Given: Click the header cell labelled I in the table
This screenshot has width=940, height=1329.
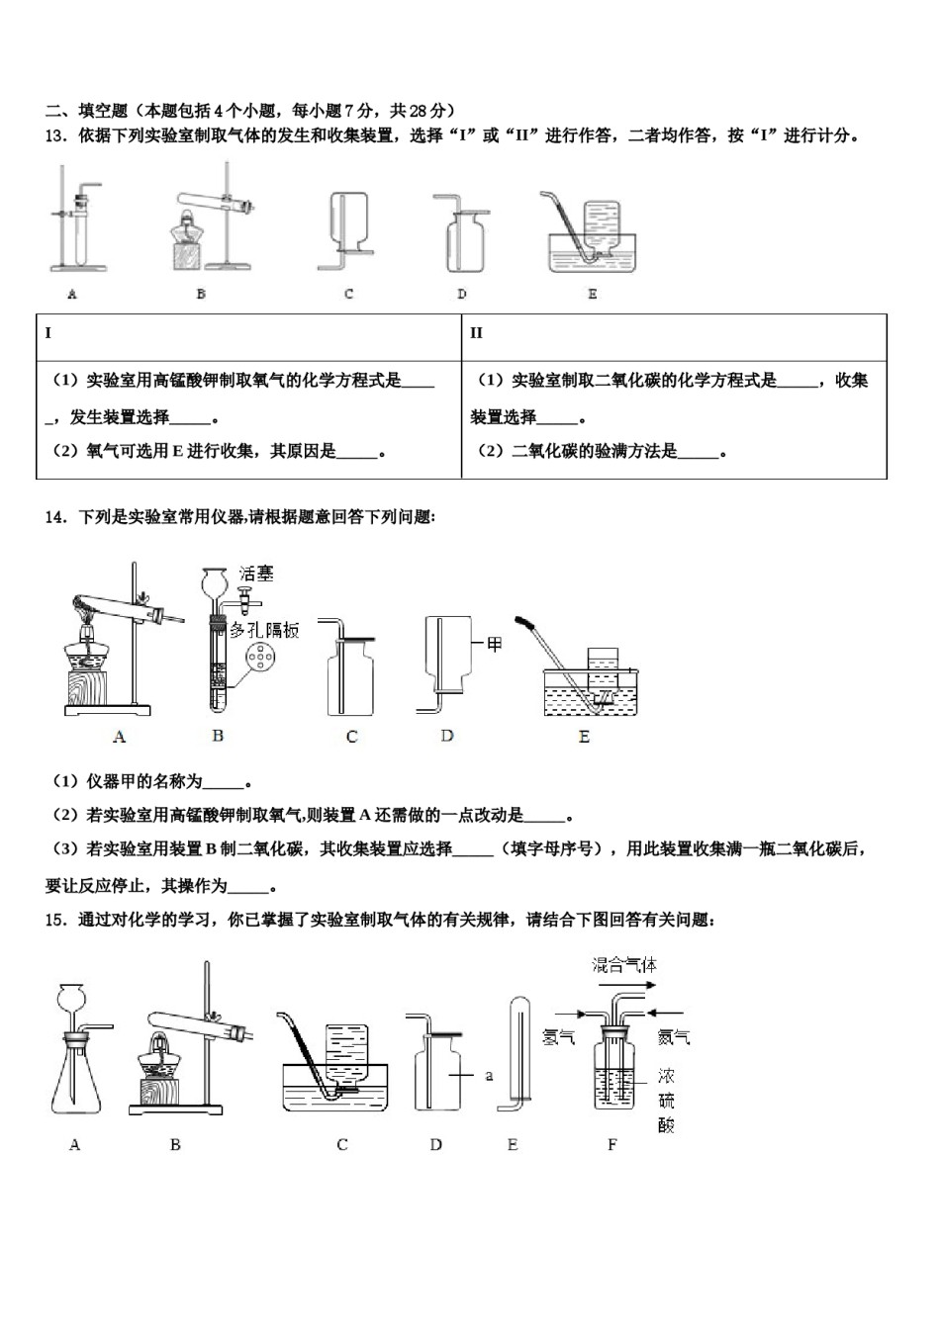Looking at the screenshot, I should pyautogui.click(x=47, y=333).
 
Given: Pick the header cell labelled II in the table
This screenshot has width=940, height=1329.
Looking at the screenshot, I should pyautogui.click(x=476, y=333).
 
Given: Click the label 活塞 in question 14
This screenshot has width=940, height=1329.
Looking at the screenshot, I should pyautogui.click(x=256, y=575).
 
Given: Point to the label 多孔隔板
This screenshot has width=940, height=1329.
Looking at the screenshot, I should pyautogui.click(x=264, y=630).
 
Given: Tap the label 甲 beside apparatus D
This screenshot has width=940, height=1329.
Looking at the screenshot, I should pyautogui.click(x=494, y=645).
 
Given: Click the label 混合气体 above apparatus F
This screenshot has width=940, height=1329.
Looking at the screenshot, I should pyautogui.click(x=624, y=965).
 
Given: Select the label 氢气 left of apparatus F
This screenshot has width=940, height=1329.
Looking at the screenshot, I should pyautogui.click(x=559, y=1036).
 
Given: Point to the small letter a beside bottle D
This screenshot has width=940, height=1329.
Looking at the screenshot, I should pyautogui.click(x=489, y=1075).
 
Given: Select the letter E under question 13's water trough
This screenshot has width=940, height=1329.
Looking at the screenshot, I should pyautogui.click(x=592, y=294).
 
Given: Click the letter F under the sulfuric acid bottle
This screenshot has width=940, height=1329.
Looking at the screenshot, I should pyautogui.click(x=611, y=1145).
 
